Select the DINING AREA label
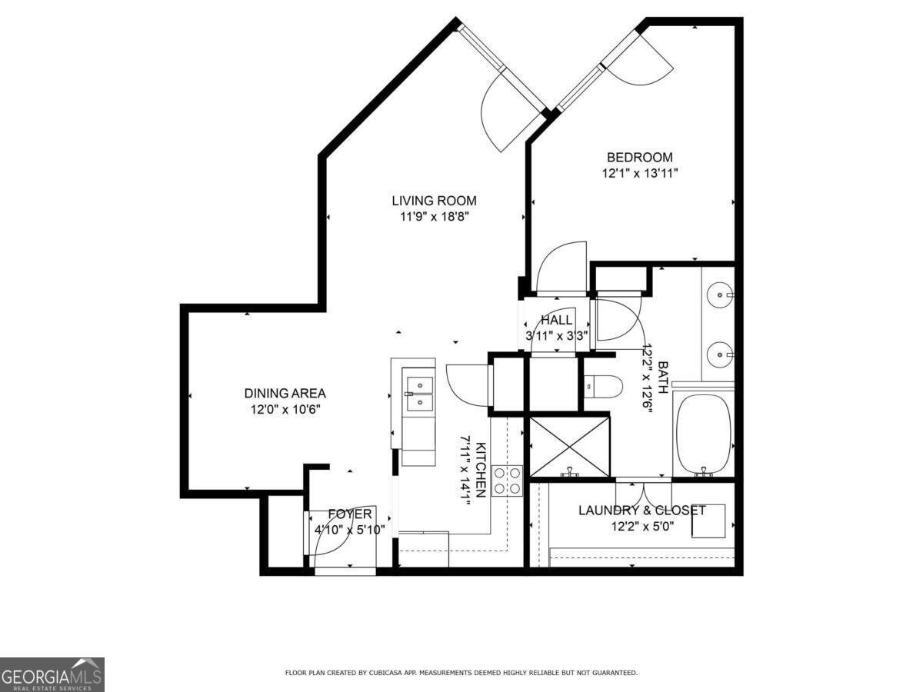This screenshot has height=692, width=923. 285,393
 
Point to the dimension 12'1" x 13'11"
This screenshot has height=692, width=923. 639,174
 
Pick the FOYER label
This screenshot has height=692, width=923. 350,514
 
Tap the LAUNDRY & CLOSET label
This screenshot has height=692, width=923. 641,510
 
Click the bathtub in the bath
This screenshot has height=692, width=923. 703,434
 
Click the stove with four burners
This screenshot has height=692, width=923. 508,481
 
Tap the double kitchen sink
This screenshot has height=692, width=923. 418,391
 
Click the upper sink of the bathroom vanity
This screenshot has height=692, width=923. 721,294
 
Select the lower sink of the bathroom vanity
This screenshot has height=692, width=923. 721,354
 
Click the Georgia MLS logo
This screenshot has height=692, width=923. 52,674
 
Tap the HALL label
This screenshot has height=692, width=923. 556,320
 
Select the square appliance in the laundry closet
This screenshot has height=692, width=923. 708,521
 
